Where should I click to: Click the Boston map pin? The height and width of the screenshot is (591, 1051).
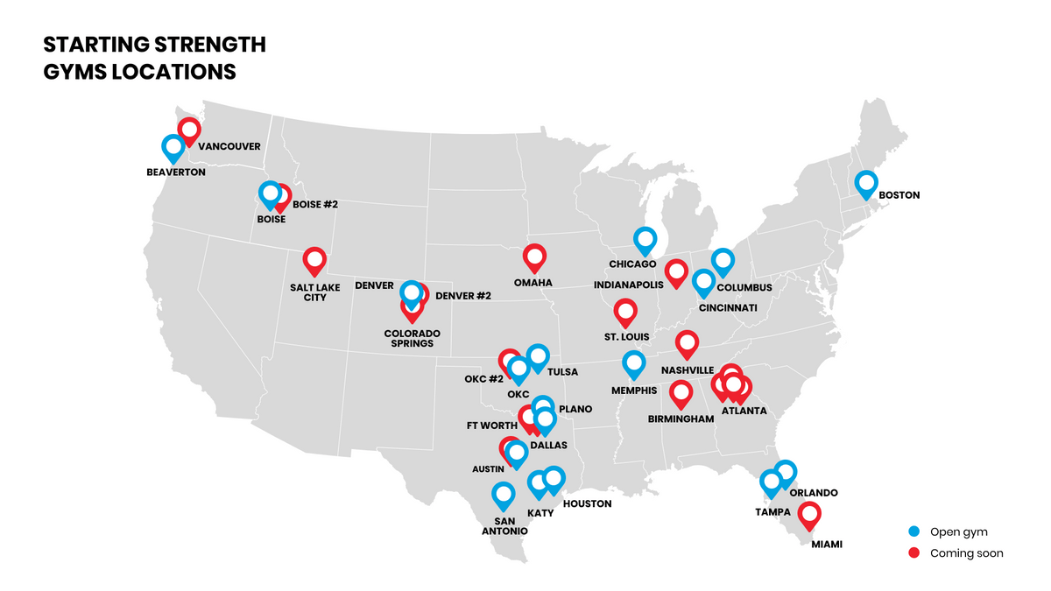coord(866,184)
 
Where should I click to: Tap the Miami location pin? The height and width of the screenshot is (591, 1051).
coord(810,515)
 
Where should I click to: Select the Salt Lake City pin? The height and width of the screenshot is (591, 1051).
coord(314,260)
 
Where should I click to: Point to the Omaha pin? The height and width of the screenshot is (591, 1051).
coord(534,257)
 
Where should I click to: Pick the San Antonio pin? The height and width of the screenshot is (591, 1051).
coord(503,495)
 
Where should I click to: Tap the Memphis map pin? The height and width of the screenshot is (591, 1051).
coord(633,363)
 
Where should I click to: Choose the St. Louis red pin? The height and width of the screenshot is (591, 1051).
coord(625,311)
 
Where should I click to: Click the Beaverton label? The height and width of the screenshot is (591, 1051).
coord(176,172)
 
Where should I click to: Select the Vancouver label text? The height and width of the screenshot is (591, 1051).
coord(229,146)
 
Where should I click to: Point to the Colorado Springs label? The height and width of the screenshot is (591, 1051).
coord(412,339)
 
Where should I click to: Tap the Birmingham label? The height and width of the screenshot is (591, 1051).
coord(681,419)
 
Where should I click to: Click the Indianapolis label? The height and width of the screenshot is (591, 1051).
coord(626,285)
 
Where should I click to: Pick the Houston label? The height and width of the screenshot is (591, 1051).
coord(587,504)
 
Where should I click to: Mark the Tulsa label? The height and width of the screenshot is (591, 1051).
coord(562,372)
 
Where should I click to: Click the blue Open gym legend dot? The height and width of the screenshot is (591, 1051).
coord(914,531)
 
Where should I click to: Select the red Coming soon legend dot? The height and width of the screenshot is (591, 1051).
coord(914,553)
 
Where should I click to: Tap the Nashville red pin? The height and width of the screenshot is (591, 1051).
coord(687,343)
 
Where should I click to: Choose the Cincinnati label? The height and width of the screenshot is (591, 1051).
coord(727,307)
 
